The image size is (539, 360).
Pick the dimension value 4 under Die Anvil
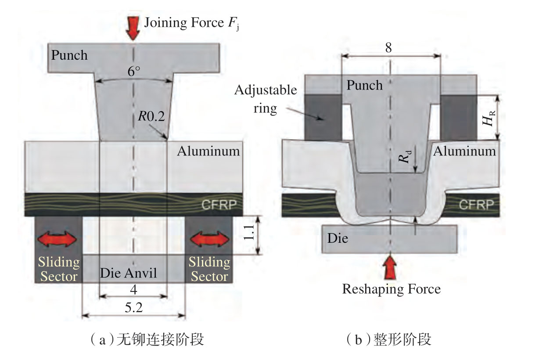click(x=134, y=290)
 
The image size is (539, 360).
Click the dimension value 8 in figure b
click(x=389, y=48)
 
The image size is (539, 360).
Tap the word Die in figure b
click(x=338, y=239)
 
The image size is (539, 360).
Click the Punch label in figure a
click(x=69, y=55)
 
